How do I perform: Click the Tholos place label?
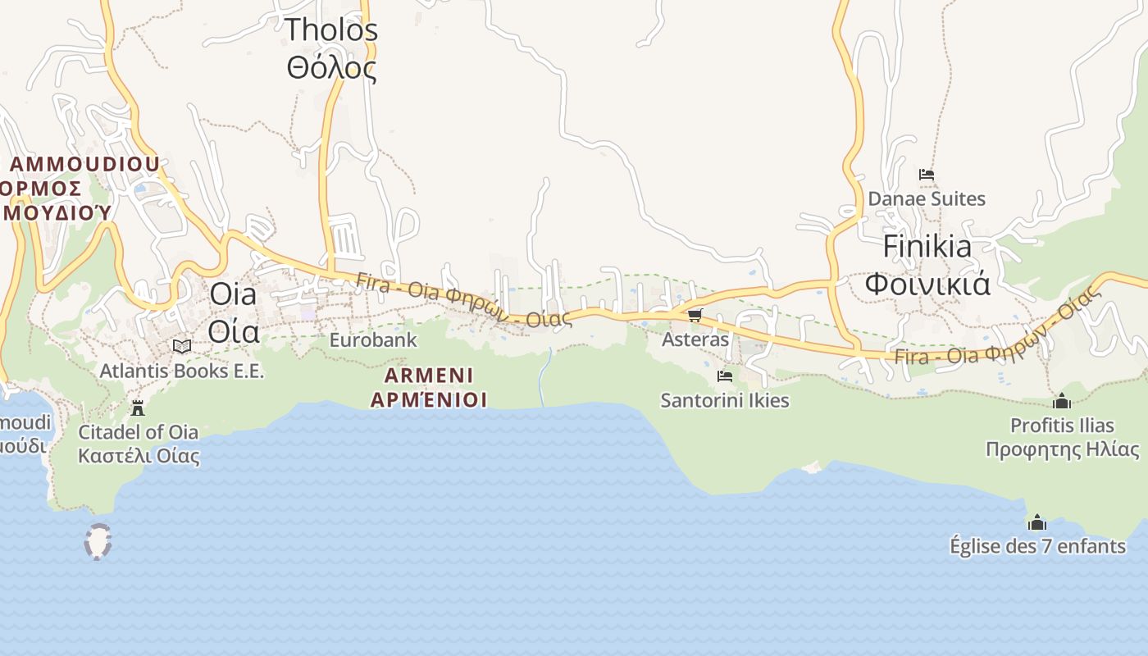click(331, 48)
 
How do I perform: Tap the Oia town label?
click(234, 312)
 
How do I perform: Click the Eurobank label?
click(373, 339)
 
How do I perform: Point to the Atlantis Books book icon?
click(182, 347)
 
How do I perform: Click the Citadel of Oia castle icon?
click(138, 408)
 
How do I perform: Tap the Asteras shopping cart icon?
click(695, 315)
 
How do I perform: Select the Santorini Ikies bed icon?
click(725, 376)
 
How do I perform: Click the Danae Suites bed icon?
click(927, 175)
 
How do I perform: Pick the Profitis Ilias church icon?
click(1062, 401)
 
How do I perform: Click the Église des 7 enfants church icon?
click(1037, 522)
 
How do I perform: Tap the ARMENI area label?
click(429, 388)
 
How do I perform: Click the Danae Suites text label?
click(927, 198)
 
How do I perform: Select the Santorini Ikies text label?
click(725, 400)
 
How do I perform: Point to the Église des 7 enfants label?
click(1037, 545)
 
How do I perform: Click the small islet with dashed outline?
click(98, 542)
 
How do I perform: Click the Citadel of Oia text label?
click(139, 443)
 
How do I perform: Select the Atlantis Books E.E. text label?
click(182, 371)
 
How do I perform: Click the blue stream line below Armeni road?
click(543, 377)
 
